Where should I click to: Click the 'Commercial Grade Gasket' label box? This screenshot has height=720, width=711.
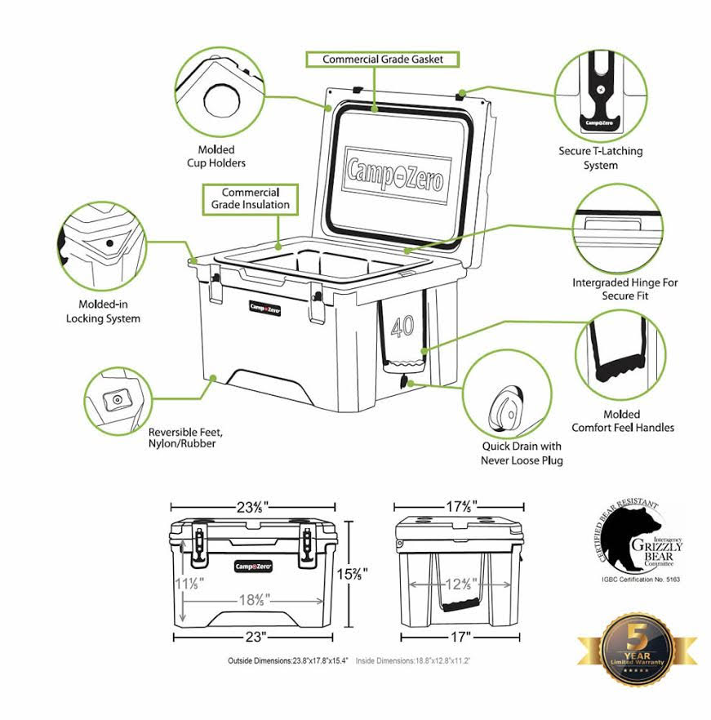point(382,60)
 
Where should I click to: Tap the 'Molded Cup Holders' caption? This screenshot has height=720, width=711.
point(216,156)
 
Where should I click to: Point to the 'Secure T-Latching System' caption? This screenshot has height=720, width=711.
point(600,158)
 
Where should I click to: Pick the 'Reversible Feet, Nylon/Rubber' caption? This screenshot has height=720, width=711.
point(186,438)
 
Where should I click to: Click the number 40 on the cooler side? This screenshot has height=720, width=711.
point(402,326)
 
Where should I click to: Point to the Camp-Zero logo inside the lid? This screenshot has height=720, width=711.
point(396,174)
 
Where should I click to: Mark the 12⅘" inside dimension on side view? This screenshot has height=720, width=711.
point(457,584)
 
